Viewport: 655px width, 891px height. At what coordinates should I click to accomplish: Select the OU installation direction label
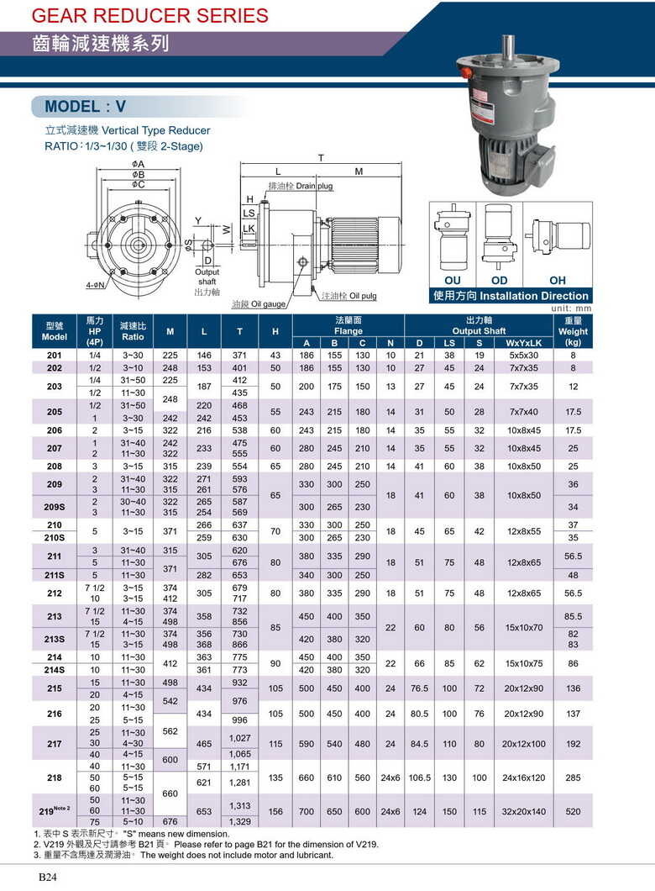click(453, 280)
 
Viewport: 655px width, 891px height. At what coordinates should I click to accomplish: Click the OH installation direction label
click(558, 280)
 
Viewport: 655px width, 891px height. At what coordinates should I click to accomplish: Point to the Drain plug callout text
click(300, 185)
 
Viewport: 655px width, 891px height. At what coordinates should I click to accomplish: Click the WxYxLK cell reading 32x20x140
click(525, 811)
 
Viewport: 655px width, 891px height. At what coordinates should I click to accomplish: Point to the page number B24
click(46, 877)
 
